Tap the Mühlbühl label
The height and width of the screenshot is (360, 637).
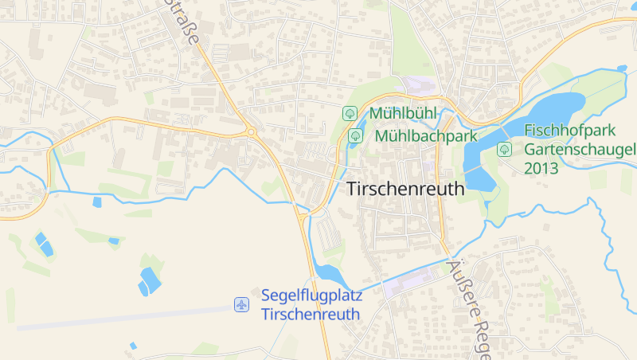coord(403,114)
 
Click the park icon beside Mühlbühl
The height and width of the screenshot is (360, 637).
coord(349,114)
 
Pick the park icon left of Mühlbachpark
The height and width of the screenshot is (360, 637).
coord(355,135)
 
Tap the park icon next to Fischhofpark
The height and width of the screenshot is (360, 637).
coord(504,149)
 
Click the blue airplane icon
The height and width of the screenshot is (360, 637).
coord(242,304)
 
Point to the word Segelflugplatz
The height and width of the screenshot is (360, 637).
coord(311,295)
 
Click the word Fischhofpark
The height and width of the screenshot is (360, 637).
coord(569,131)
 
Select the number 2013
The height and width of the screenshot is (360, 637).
coord(541,168)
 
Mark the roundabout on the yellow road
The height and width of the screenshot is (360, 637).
coord(252,132)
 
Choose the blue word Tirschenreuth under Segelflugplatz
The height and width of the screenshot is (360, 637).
coord(311,314)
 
